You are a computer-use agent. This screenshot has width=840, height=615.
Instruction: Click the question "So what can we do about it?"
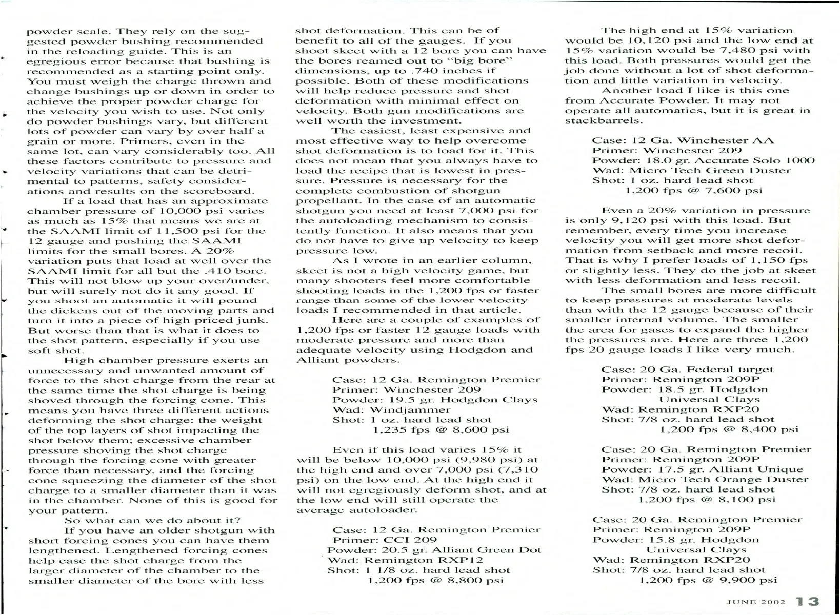point(152,520)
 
